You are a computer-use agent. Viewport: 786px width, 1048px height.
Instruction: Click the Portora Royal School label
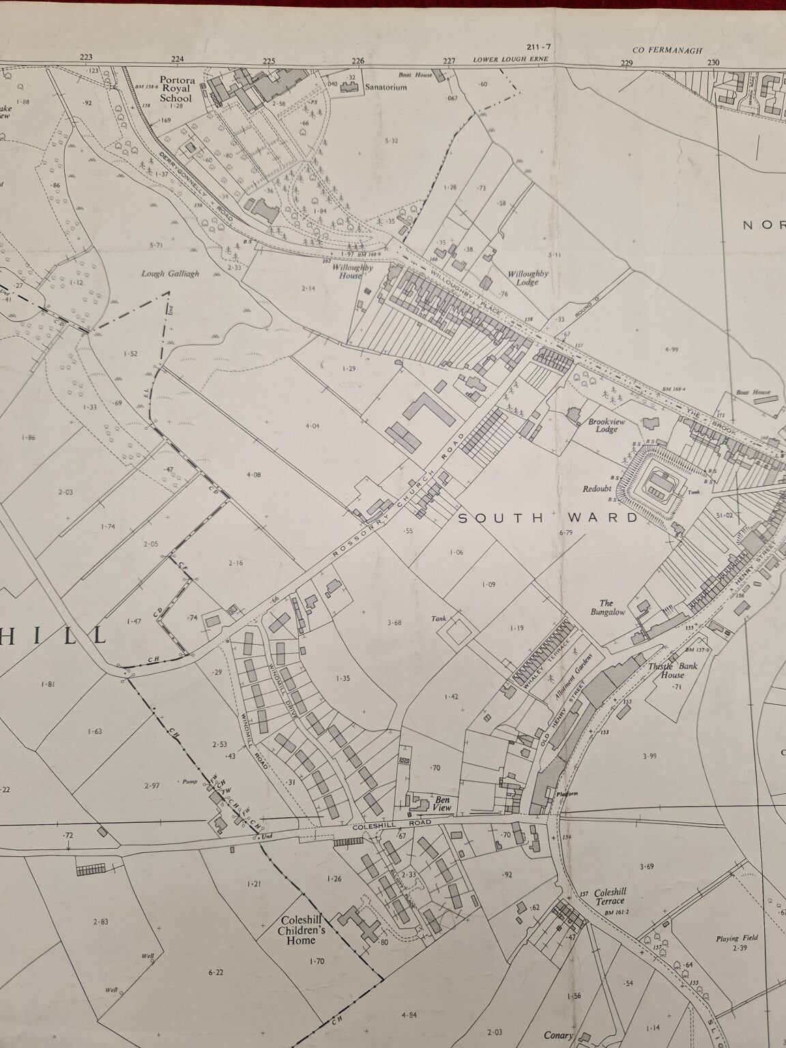[x=177, y=89]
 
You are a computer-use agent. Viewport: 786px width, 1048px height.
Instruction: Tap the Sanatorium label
[x=385, y=87]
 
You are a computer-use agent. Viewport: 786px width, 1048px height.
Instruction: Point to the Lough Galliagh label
[x=170, y=274]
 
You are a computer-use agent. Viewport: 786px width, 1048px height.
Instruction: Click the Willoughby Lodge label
[x=527, y=278]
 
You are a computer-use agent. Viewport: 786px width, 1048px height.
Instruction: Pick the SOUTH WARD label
[x=548, y=518]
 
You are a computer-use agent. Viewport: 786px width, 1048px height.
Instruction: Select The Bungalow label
[x=611, y=607]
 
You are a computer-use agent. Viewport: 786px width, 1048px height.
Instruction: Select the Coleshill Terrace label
[x=610, y=897]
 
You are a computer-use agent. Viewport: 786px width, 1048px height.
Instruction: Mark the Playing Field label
[x=737, y=938]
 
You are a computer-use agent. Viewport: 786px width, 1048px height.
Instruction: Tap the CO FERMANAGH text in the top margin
[x=657, y=50]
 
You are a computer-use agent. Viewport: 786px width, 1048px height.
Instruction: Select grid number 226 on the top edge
[x=358, y=60]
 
